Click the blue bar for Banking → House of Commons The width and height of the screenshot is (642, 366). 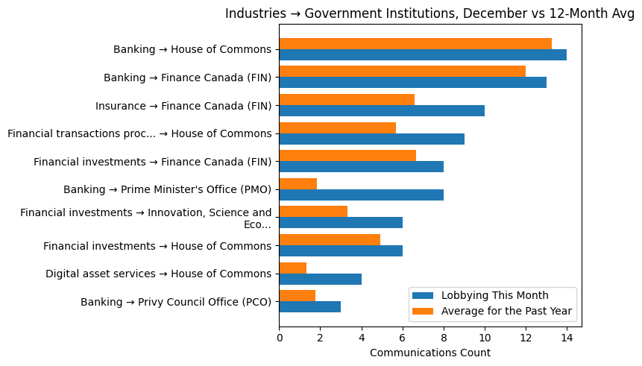pos(423,55)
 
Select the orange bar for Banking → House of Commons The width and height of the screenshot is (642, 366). pos(415,44)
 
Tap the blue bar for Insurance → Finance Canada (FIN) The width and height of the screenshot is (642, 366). pos(382,111)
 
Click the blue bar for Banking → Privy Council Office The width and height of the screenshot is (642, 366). pos(310,306)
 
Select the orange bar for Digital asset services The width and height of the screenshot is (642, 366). pos(293,268)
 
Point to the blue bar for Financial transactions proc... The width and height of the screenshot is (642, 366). pos(371,139)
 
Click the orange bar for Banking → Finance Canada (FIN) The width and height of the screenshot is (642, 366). pos(403,72)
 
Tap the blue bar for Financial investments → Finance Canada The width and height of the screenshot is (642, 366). pos(362,167)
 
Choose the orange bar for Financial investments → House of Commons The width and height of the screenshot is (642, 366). pos(330,239)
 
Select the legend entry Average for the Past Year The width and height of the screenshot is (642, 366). pos(507,310)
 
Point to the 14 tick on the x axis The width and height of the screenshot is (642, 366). pos(567,337)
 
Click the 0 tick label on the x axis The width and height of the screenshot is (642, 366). pos(280,337)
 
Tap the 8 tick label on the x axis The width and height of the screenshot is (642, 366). pos(444,337)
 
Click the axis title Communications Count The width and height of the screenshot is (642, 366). pos(430,353)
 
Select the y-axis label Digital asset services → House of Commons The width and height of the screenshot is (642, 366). pos(158,274)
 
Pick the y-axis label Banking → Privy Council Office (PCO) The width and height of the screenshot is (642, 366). pos(176,302)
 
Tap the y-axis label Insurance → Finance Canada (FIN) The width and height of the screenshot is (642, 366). pos(183,106)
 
